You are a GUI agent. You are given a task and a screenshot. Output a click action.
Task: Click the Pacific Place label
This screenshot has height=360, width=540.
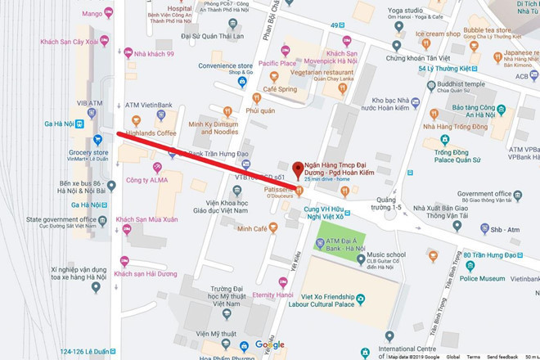pyautogui.click(x=277, y=62)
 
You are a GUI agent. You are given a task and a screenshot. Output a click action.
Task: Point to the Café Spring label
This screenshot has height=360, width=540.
pyautogui.click(x=280, y=88)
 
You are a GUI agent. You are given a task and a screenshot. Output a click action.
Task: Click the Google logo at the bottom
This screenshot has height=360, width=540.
pyautogui.click(x=269, y=345)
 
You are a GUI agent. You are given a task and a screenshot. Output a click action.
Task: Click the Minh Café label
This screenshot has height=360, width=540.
pyautogui.click(x=252, y=228)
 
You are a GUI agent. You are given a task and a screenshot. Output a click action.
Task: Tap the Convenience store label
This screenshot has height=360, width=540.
pyautogui.click(x=225, y=66)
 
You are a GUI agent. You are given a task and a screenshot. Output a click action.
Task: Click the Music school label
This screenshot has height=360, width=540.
pyautogui.click(x=385, y=254)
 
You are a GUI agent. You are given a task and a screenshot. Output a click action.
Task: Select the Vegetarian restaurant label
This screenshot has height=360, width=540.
pyautogui.click(x=326, y=72)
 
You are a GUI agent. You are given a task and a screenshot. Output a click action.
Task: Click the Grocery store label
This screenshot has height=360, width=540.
pyautogui.click(x=89, y=152)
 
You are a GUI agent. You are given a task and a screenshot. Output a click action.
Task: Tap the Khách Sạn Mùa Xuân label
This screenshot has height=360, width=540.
pyautogui.click(x=147, y=219)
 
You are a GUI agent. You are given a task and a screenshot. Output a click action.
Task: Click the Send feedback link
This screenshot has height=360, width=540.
pyautogui.click(x=502, y=357)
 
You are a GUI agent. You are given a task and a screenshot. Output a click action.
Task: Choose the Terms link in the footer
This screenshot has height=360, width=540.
pyautogui.click(x=474, y=357)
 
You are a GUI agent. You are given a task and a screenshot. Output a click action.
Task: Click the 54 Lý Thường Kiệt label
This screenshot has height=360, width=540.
pyautogui.click(x=448, y=68)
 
